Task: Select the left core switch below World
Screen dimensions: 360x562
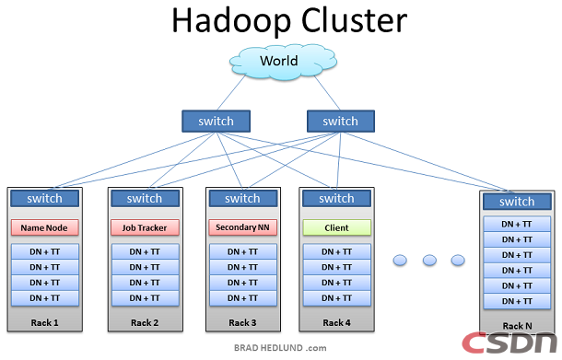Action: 216,121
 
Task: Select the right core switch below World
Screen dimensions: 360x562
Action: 340,121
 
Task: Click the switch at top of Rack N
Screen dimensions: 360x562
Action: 516,202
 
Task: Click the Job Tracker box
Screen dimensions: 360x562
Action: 144,226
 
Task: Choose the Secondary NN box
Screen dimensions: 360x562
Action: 242,226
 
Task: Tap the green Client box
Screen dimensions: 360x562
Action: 336,226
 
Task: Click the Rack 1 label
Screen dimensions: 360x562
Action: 43,322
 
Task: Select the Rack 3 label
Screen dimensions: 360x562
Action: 242,322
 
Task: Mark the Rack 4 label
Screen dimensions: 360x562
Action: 337,322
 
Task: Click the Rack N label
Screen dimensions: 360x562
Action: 516,326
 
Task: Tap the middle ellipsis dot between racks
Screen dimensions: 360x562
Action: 428,261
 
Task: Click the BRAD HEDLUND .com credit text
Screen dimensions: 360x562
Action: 281,348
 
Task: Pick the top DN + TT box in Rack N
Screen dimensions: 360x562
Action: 516,225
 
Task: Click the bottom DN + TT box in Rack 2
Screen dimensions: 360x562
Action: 144,297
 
